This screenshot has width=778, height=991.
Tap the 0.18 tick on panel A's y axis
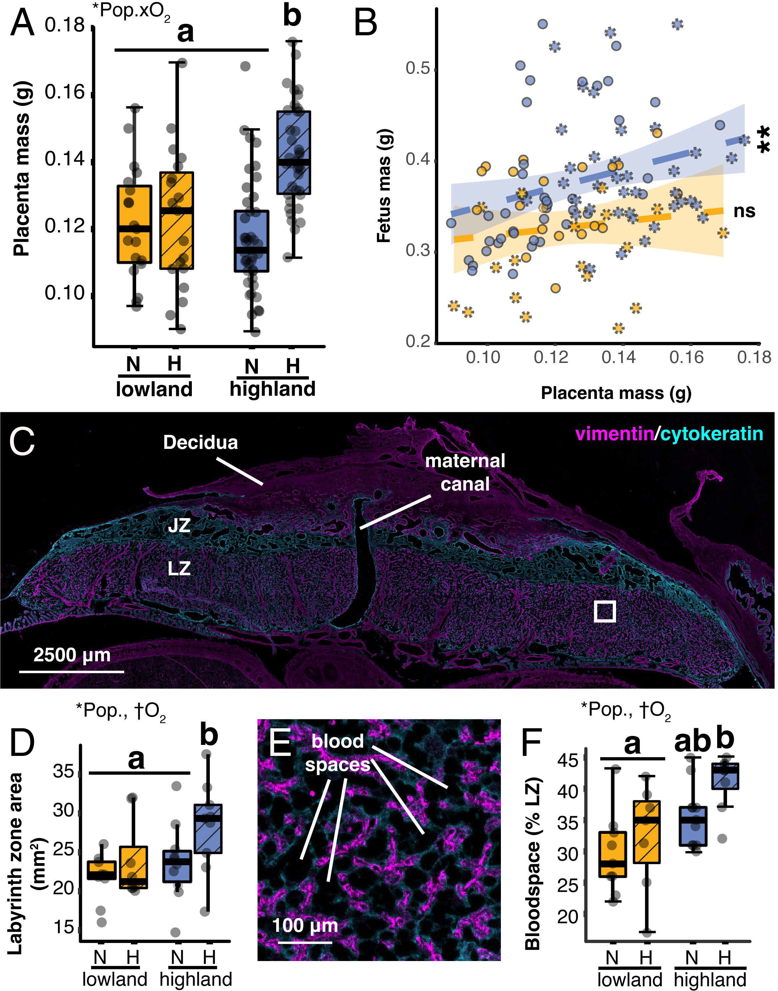click(x=65, y=25)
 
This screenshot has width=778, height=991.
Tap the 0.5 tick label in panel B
click(x=418, y=68)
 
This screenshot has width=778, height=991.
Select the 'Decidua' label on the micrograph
click(x=200, y=443)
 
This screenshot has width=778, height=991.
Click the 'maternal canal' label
click(x=465, y=472)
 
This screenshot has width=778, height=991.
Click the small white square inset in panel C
click(x=605, y=611)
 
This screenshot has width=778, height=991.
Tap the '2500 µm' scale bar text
click(x=72, y=655)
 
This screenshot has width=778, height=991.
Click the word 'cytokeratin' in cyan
click(x=711, y=434)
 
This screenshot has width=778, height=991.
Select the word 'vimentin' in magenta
click(x=614, y=434)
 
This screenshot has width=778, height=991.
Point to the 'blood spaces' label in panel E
click(x=337, y=753)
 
